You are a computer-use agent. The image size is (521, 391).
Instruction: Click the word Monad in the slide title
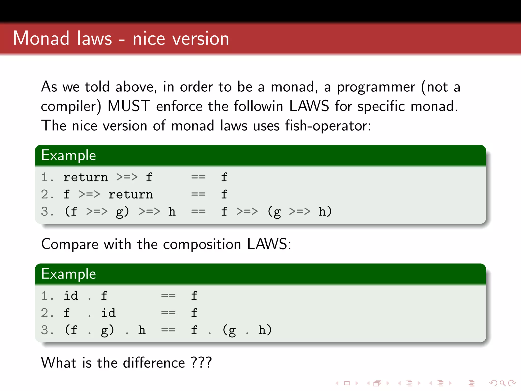(41, 38)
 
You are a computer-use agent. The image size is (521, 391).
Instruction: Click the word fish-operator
(328, 126)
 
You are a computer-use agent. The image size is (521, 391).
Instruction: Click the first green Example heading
(68, 155)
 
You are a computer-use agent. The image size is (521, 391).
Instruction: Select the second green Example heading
(68, 274)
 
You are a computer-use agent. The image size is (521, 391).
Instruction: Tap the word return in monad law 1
(85, 177)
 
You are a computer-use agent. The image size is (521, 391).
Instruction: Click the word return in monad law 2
(131, 195)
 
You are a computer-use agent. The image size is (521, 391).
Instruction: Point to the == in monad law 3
(198, 212)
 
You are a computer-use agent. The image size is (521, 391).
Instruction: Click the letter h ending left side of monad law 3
(172, 212)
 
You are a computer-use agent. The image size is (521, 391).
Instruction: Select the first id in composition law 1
(71, 296)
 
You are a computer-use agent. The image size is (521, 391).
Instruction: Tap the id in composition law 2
(108, 313)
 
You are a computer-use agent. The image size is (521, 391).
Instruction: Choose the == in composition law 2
(168, 313)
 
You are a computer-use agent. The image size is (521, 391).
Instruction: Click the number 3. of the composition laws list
(47, 330)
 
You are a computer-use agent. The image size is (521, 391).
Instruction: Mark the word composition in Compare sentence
(202, 244)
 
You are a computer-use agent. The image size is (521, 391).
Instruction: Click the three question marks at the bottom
(201, 362)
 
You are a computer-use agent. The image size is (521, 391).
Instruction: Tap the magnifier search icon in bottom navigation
(502, 383)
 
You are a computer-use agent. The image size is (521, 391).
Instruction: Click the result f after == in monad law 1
(224, 177)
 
